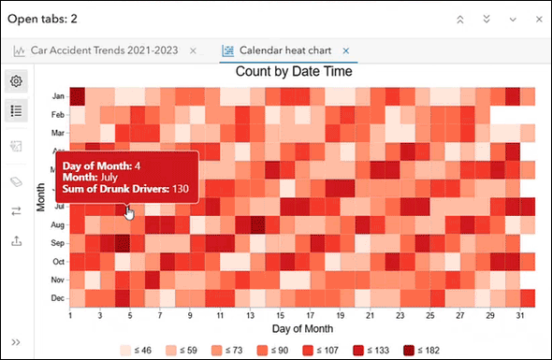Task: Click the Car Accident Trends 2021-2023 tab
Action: point(108,50)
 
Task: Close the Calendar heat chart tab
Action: point(346,50)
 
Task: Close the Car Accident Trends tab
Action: point(193,50)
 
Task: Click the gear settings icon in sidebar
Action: point(16,81)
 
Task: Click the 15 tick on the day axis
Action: point(280,316)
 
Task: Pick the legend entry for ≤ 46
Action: point(137,350)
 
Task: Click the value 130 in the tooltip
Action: point(180,190)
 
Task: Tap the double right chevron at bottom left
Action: point(16,342)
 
